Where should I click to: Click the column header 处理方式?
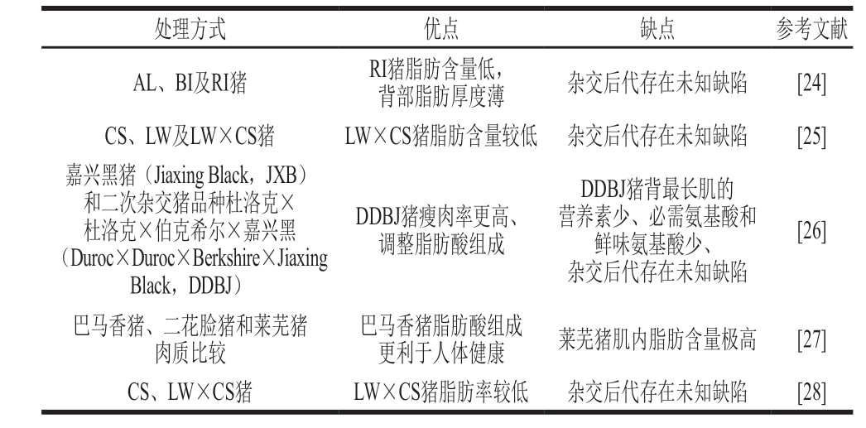190,28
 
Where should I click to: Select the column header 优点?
441,28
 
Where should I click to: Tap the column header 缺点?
657,28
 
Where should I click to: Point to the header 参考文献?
811,28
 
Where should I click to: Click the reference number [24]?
811,84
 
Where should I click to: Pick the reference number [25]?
811,136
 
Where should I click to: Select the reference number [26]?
811,230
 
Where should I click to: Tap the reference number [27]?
811,339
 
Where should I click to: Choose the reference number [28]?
811,392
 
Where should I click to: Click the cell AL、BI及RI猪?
190,84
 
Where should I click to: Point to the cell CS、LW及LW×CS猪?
190,136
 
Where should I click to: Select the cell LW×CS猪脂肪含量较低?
441,136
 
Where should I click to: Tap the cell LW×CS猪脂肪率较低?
441,392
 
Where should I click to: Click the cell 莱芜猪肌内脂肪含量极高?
657,339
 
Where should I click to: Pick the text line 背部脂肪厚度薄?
441,97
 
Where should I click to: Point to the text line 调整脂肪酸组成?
441,244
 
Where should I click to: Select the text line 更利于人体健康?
441,353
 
